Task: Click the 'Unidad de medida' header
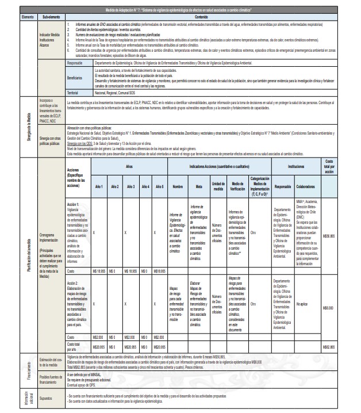coord(218,187)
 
